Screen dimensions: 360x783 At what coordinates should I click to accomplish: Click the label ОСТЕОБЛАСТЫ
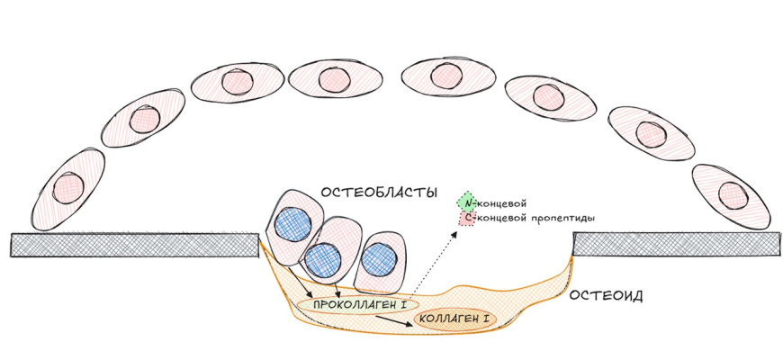pos(378,193)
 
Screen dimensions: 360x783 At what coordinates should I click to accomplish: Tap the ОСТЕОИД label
pos(603,296)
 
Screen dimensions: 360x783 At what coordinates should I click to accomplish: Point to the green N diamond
pos(465,202)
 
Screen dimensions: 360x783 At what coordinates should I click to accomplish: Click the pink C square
pos(465,218)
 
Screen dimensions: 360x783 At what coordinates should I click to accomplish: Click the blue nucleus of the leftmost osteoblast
pos(293,223)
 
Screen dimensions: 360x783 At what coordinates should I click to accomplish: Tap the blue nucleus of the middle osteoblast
pos(323,259)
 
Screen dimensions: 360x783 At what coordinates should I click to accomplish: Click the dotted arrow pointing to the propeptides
pos(436,265)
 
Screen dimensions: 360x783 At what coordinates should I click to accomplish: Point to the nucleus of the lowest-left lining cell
pos(68,187)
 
